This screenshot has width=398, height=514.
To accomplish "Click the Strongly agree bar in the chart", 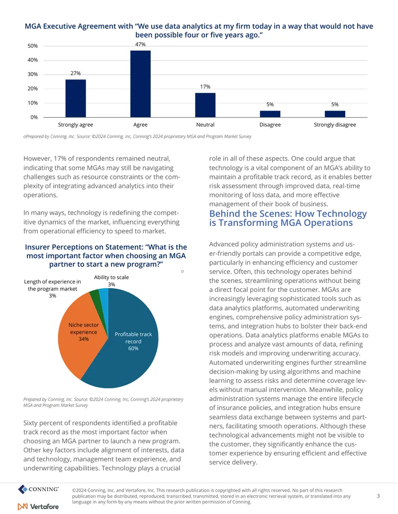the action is point(76,98).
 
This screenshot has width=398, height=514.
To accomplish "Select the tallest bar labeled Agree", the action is point(141,84).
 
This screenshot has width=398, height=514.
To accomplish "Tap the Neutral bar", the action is point(205,105).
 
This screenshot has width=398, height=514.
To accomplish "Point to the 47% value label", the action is point(140,44).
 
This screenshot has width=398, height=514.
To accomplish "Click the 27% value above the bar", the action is point(76,73).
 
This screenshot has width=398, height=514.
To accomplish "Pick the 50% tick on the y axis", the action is point(33,46).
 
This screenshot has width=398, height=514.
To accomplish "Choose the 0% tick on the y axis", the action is point(34,117).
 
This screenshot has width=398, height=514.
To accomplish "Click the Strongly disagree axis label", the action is point(335,125).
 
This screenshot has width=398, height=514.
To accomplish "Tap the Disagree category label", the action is point(270,125).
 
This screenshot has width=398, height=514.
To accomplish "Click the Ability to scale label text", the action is point(111,277).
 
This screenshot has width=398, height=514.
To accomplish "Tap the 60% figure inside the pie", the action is point(133,348).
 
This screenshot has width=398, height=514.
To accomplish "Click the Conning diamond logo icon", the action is point(23,489).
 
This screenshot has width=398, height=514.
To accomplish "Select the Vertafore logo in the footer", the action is point(38,507).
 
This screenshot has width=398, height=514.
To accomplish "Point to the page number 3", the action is point(378,496).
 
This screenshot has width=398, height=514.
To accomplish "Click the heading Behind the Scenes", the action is point(288,218).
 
